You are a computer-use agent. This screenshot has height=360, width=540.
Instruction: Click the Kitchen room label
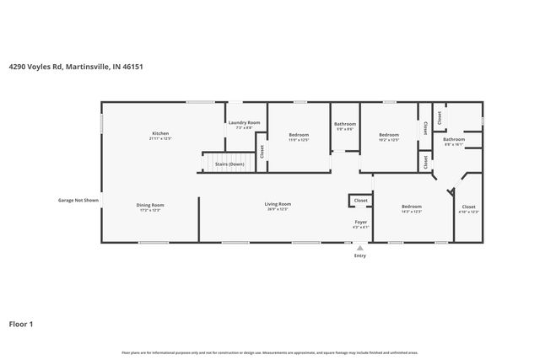(x=160, y=134)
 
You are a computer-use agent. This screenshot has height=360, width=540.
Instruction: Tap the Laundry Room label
(x=244, y=123)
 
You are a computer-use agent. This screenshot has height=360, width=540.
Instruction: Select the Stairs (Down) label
(x=229, y=164)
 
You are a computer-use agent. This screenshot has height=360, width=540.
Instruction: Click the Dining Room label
(x=150, y=205)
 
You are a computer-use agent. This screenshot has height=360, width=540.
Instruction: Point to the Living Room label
(x=278, y=204)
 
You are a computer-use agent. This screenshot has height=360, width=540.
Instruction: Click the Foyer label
(x=360, y=222)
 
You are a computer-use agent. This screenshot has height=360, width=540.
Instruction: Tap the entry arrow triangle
(x=360, y=248)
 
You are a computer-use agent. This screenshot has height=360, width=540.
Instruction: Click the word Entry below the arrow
(x=360, y=255)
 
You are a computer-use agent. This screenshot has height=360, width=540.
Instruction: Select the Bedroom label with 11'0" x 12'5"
(x=299, y=135)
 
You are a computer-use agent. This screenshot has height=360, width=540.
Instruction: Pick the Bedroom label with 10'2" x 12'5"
(x=388, y=135)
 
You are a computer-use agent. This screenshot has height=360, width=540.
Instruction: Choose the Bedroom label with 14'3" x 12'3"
(x=411, y=207)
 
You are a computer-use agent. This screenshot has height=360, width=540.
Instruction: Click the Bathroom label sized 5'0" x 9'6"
(x=345, y=124)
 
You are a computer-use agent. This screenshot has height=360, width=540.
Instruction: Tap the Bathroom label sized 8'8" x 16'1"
(x=454, y=139)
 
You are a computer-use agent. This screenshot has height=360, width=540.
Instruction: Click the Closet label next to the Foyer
(x=360, y=201)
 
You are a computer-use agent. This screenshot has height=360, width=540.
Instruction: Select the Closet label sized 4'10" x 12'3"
(x=468, y=207)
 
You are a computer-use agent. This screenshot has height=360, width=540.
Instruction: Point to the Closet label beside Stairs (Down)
(x=262, y=152)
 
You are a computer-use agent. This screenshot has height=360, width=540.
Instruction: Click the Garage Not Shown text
(x=78, y=201)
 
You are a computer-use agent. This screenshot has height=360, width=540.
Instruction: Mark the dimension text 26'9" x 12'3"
(x=278, y=209)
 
